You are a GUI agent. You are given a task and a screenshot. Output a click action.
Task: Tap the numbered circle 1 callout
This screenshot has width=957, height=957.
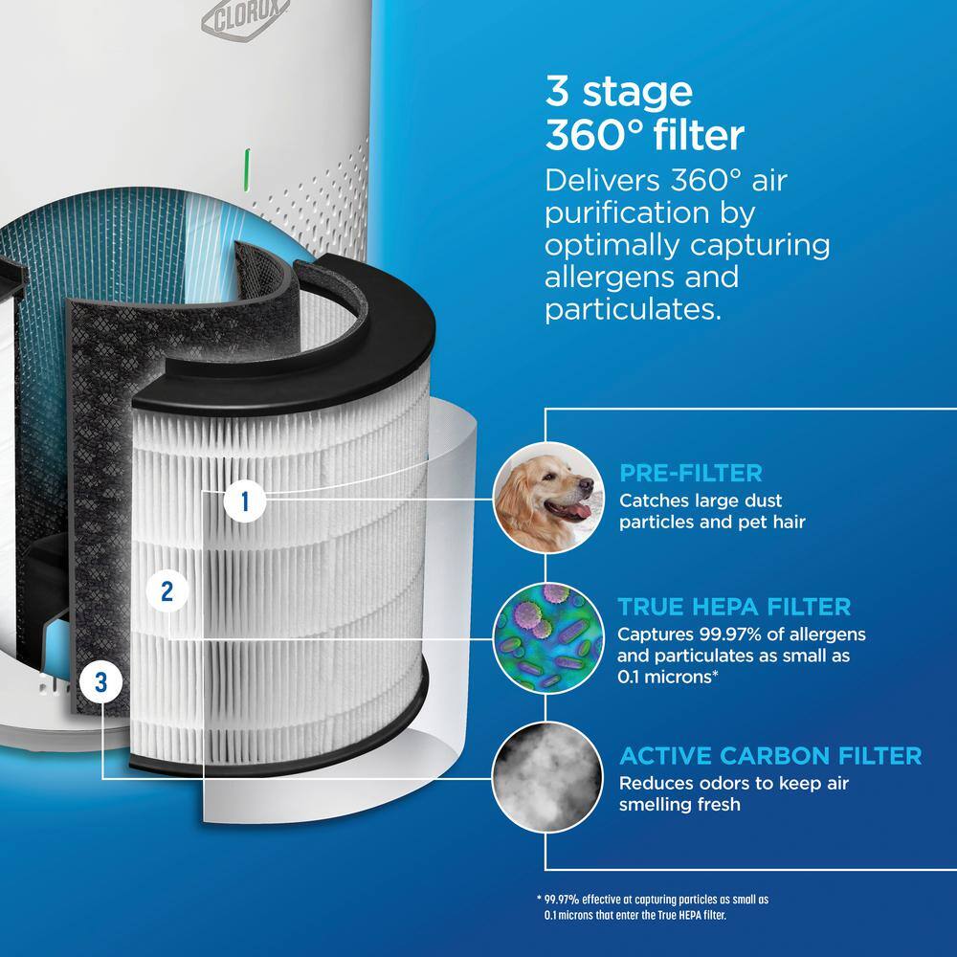(245, 501)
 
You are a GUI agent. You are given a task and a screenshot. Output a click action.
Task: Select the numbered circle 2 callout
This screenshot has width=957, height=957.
(167, 591)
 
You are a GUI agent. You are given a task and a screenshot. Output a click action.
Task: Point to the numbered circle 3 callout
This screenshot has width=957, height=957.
(100, 681)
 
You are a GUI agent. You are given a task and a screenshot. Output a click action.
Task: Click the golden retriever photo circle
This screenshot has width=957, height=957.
(548, 498)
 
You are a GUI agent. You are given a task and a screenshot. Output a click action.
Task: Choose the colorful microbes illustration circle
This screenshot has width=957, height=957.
(548, 637)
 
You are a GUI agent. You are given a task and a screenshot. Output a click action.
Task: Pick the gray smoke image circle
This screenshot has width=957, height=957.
(547, 777)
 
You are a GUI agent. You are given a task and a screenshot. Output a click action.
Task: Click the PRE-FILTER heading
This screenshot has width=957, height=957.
(690, 473)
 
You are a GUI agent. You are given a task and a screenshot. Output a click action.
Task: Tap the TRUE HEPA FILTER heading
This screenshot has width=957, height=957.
(734, 606)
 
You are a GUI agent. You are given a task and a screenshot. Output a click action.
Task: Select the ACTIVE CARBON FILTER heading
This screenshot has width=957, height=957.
(770, 756)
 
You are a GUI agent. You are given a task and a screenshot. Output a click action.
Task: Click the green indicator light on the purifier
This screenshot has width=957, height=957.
(247, 169)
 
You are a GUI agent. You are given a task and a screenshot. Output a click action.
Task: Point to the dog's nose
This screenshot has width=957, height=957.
(586, 485)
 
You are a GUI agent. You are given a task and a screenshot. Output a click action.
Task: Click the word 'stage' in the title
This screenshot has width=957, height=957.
(637, 92)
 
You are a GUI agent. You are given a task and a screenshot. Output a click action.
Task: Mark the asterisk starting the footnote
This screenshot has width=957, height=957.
(539, 898)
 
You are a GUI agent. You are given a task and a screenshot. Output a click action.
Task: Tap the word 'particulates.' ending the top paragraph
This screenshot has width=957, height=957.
(633, 310)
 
